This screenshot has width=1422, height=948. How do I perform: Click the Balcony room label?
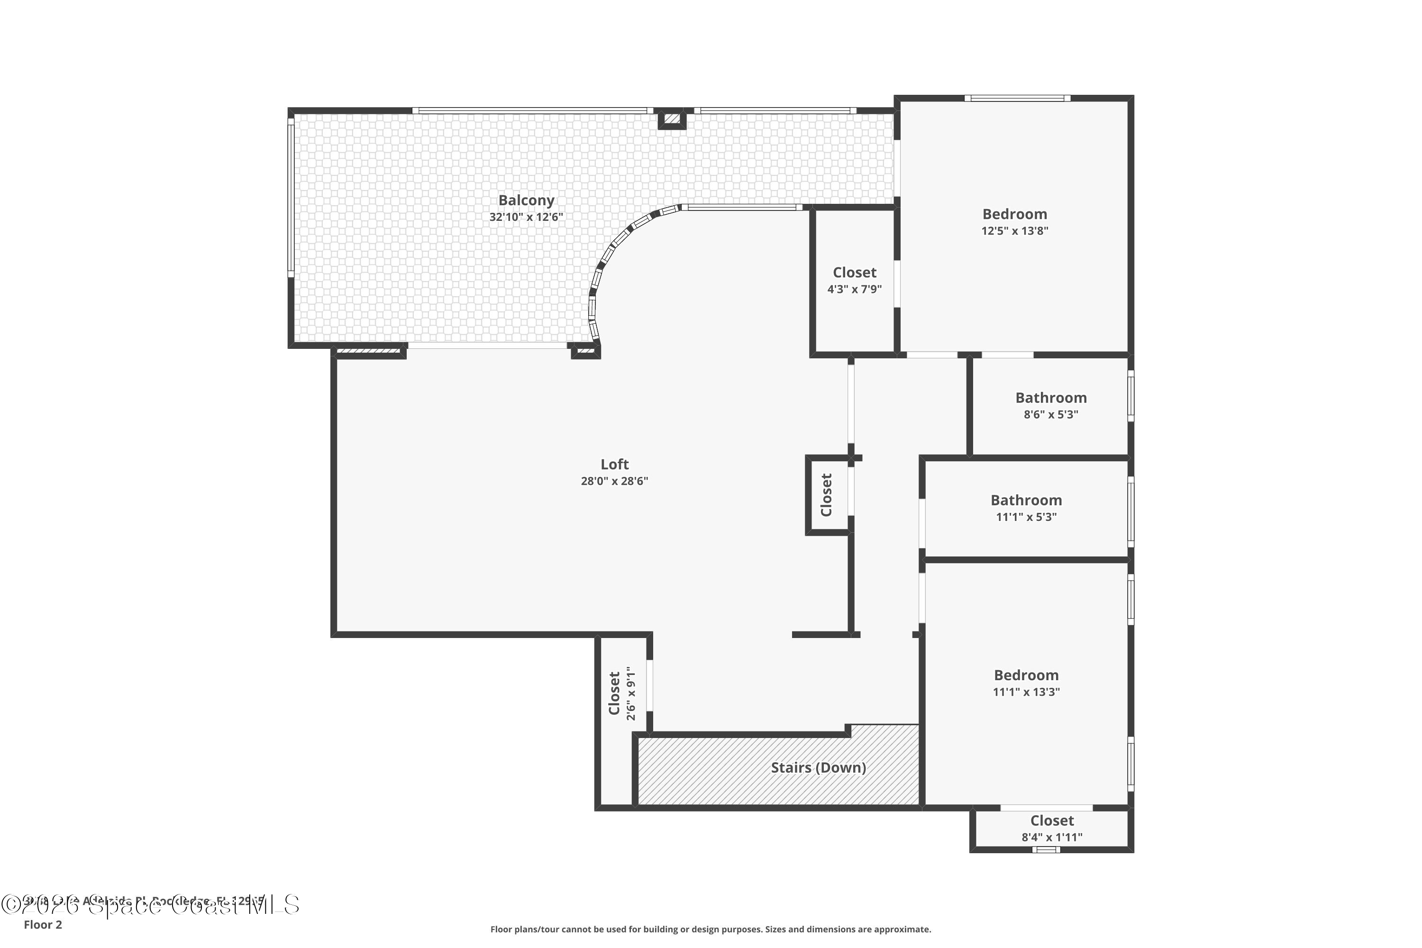tap(526, 200)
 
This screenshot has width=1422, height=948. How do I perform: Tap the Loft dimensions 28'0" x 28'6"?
tap(614, 481)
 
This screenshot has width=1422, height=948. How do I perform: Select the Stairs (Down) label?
tap(818, 767)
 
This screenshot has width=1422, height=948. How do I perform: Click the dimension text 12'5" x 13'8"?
tap(1014, 230)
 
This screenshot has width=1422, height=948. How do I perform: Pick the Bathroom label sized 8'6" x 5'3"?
tap(1051, 398)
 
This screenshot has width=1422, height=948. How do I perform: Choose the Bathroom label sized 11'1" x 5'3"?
tap(1026, 500)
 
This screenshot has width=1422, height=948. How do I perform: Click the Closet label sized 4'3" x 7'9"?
tap(854, 273)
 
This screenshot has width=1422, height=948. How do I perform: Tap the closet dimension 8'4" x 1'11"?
tap(1052, 838)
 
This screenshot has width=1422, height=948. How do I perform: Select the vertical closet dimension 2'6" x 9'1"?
tap(631, 693)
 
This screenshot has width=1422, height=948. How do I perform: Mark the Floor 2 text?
tap(43, 924)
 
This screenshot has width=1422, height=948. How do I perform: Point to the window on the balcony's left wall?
tap(291, 197)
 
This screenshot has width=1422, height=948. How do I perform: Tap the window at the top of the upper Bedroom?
tap(1017, 99)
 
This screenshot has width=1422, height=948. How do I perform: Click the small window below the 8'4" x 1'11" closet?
tap(1046, 849)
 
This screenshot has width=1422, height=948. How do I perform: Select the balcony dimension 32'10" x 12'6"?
tap(526, 217)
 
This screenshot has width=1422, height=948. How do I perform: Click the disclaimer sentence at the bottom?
tap(711, 929)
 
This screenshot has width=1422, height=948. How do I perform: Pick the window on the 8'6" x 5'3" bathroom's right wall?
tap(1130, 396)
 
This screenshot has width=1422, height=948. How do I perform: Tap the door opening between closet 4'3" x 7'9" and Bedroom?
tap(897, 283)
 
